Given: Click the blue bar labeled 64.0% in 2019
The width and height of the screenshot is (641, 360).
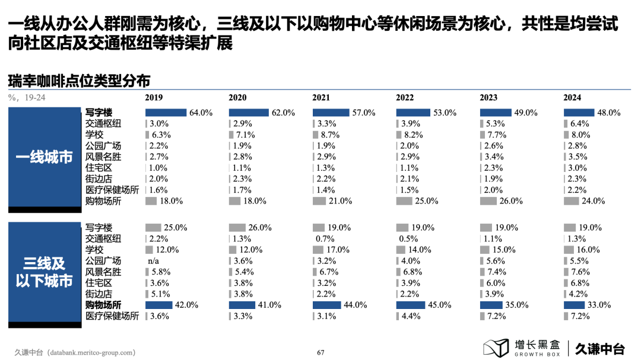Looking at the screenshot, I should [166, 113].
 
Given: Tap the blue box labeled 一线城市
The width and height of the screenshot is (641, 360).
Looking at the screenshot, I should [45, 158].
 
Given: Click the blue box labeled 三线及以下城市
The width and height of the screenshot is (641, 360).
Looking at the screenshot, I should [45, 272].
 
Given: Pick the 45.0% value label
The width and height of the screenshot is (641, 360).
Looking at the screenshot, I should [440, 305].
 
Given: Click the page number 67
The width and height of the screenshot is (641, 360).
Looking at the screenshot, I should [320, 352].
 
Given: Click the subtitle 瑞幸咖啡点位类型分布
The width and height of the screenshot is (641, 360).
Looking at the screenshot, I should [80, 80].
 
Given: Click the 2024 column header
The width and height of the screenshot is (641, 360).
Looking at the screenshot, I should [572, 98].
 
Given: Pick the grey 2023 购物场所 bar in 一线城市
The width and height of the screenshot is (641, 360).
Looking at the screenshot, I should [488, 202].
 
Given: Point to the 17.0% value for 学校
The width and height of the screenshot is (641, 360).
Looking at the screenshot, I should [339, 250].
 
